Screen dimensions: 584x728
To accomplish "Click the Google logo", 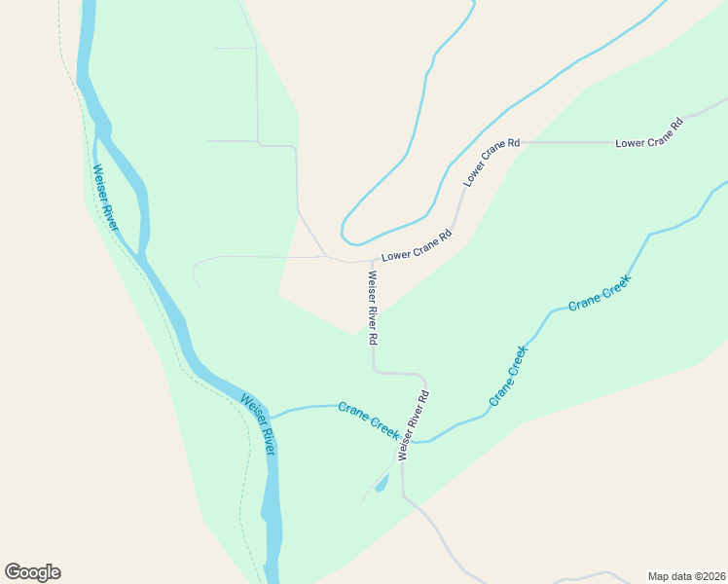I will click(x=33, y=572).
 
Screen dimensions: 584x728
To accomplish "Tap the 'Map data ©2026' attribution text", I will click(x=686, y=575).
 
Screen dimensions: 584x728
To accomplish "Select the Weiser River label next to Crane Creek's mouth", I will click(x=259, y=424).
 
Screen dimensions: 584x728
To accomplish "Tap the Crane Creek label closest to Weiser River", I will click(x=369, y=420).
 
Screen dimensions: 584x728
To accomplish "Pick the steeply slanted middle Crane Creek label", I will click(x=508, y=375).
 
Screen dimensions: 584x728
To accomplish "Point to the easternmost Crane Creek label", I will click(x=600, y=292).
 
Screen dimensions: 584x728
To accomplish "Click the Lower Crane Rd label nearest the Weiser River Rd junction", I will click(x=417, y=246).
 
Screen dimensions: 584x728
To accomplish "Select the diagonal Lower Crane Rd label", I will click(x=491, y=162).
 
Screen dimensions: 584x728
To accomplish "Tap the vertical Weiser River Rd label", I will click(x=372, y=309).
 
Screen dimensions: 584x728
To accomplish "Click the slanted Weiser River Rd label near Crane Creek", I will click(x=414, y=423).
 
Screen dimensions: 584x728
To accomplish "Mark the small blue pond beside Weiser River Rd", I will click(x=382, y=483).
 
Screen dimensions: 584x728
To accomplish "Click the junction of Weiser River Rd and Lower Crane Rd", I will click(x=371, y=261).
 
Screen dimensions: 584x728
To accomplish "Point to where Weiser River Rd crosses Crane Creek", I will click(x=402, y=440).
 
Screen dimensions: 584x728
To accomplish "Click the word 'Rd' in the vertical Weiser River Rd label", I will click(x=373, y=340).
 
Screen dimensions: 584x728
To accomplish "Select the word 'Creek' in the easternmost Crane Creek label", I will click(x=614, y=284).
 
